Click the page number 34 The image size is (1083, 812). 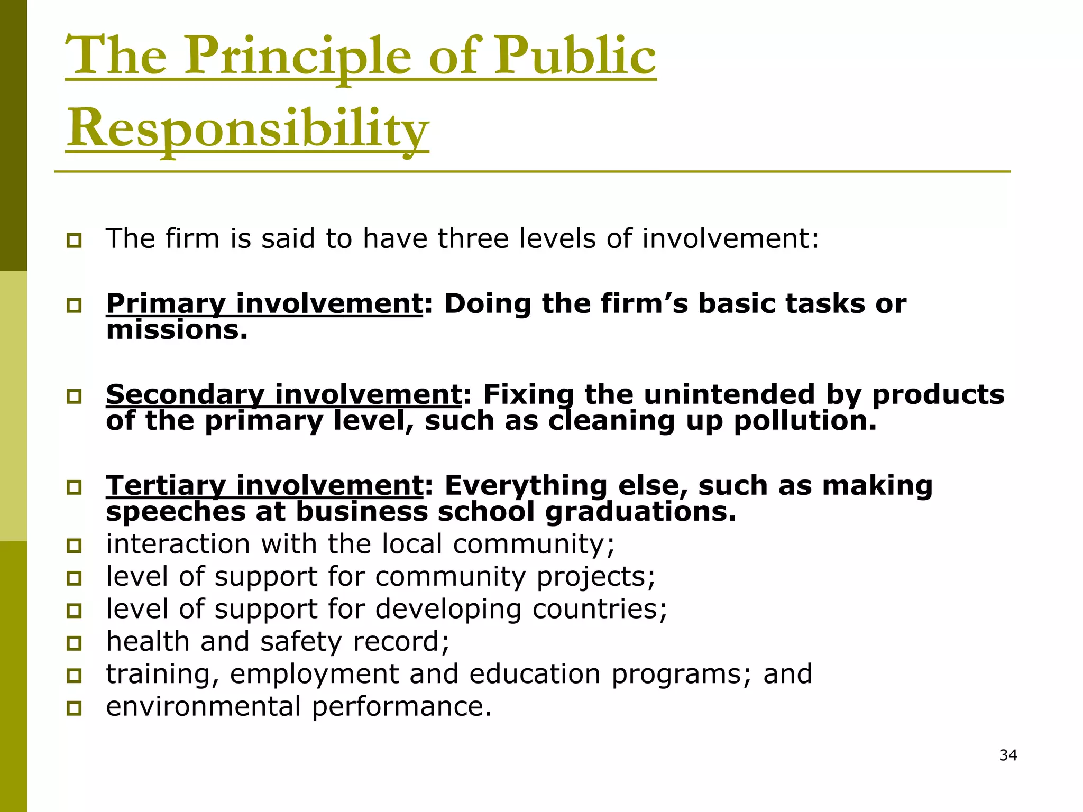coord(1008,755)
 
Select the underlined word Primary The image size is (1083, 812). coord(166,304)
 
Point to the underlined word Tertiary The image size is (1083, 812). coord(166,486)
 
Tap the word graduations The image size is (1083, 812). coord(640,512)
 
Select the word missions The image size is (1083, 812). coord(177,330)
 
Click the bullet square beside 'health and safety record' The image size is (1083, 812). coord(74,643)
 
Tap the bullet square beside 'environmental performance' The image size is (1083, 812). coord(74,708)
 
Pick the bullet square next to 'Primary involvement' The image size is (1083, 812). coord(74,306)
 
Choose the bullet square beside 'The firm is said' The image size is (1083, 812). coord(74,241)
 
